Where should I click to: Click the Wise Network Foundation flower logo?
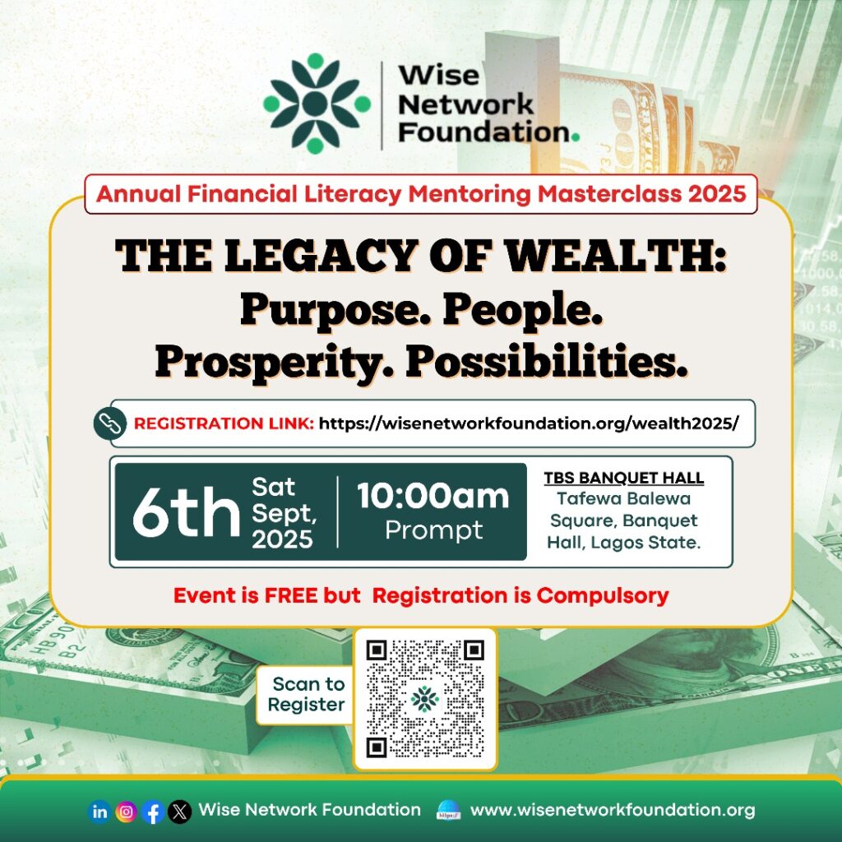(317, 104)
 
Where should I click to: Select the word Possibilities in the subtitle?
(547, 362)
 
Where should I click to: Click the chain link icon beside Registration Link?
(110, 423)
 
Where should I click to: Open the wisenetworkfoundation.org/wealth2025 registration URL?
(529, 423)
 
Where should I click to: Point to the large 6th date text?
(186, 512)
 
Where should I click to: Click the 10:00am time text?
(433, 496)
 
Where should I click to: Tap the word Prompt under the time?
(434, 530)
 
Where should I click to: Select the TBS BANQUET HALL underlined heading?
(623, 478)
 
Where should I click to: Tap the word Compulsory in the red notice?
(603, 596)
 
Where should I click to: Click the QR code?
(425, 699)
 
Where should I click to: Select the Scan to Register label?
(308, 694)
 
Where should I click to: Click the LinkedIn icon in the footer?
(99, 812)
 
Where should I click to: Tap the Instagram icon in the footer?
(126, 812)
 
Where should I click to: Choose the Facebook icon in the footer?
(153, 812)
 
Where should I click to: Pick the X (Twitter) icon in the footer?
(179, 812)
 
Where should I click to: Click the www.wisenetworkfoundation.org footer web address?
(613, 810)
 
